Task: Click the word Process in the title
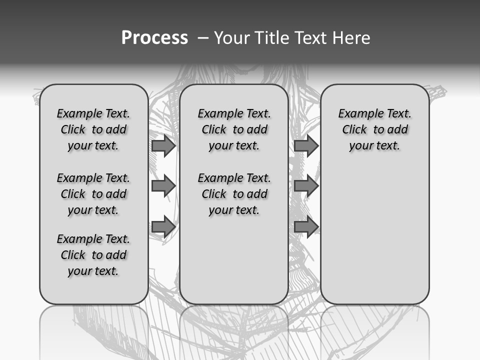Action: click(x=154, y=38)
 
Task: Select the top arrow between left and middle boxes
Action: click(x=163, y=145)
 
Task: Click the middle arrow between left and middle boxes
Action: click(x=163, y=186)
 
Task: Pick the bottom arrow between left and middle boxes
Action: click(x=163, y=226)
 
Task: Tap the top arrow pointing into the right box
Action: click(x=306, y=145)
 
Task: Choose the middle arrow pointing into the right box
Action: click(x=306, y=186)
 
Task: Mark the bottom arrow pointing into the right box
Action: click(x=306, y=226)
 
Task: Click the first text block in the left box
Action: click(x=93, y=129)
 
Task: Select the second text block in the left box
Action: click(x=93, y=194)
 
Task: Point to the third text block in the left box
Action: click(x=93, y=255)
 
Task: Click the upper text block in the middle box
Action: click(x=234, y=129)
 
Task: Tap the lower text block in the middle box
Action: click(x=234, y=194)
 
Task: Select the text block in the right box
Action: click(x=374, y=129)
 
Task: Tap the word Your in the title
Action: click(x=232, y=38)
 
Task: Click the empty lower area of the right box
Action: click(x=374, y=240)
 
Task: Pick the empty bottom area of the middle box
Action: click(x=234, y=265)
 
